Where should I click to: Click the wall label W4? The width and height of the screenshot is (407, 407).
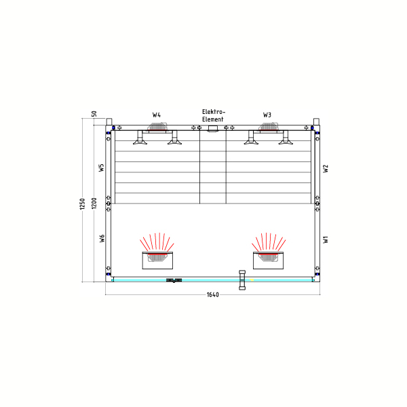(156, 115)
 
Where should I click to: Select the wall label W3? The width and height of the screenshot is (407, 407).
(267, 115)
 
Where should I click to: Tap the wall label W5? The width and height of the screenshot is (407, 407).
(102, 168)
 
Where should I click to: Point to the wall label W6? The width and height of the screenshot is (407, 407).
(102, 238)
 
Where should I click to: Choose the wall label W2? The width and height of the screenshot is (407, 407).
(326, 168)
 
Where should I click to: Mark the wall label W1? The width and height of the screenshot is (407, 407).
(326, 239)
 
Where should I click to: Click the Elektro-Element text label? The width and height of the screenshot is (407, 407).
(214, 115)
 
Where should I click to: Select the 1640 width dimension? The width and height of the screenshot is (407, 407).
(212, 294)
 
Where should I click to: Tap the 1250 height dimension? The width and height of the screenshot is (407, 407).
(82, 203)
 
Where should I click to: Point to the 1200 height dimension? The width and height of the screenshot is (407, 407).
(94, 203)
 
